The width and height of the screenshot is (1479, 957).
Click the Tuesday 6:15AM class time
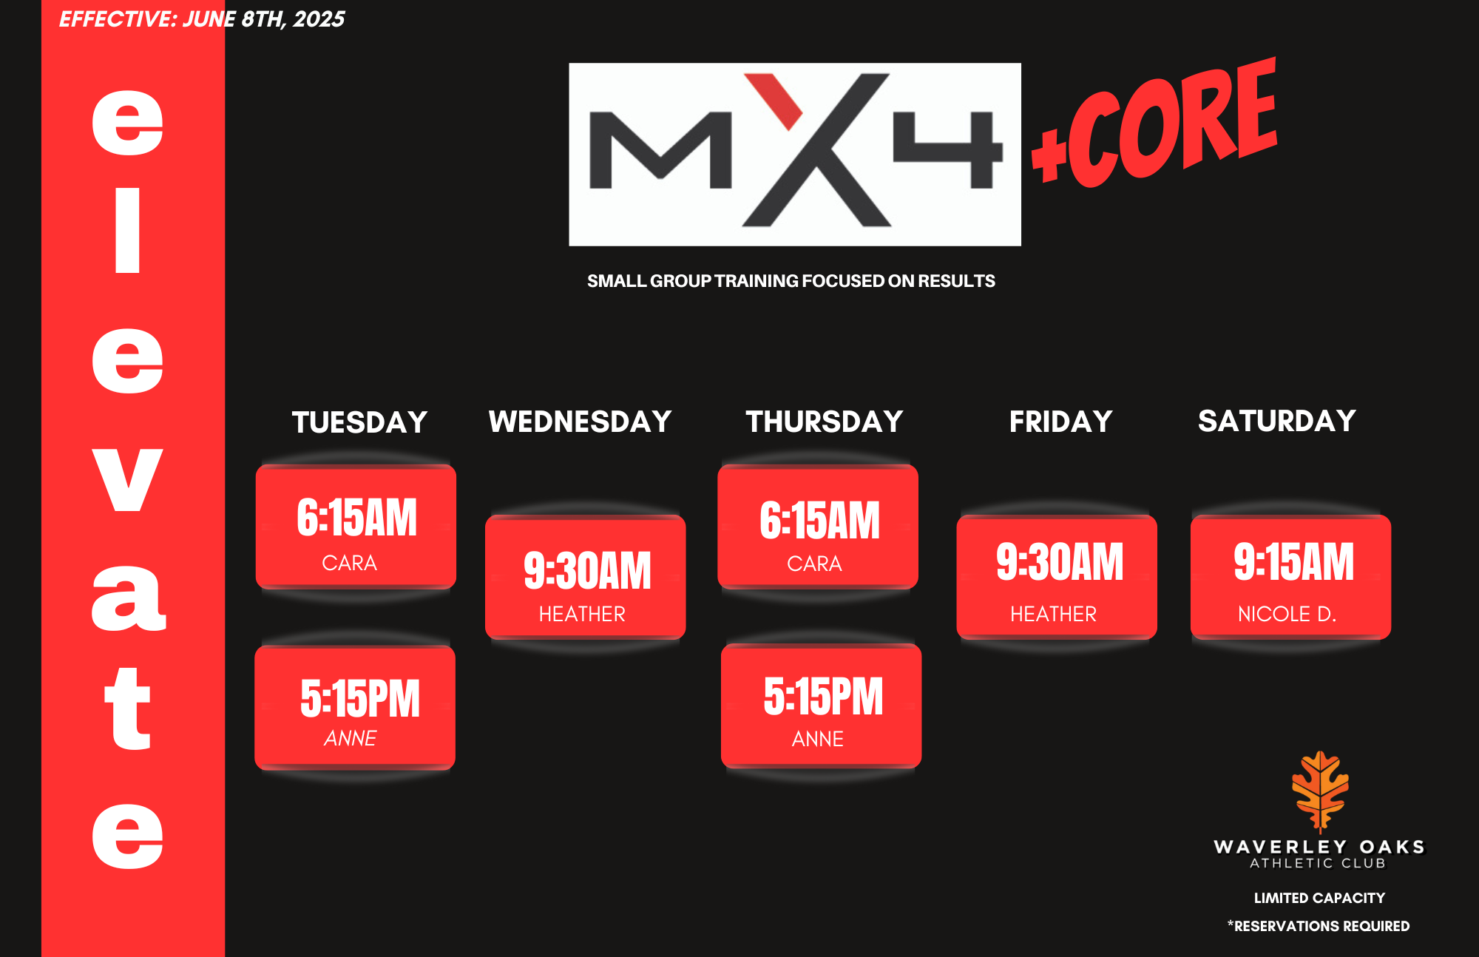click(x=356, y=517)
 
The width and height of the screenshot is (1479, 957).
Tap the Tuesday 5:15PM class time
click(x=360, y=698)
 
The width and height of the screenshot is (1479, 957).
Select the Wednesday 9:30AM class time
click(x=587, y=570)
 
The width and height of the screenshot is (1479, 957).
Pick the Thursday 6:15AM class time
click(x=819, y=520)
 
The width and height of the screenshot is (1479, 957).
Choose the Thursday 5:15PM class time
click(x=823, y=696)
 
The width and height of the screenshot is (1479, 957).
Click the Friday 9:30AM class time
click(x=1059, y=561)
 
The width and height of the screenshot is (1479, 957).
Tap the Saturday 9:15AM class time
click(x=1293, y=561)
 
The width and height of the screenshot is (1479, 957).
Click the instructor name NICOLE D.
click(x=1287, y=614)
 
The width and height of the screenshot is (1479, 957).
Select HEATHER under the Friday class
click(x=1053, y=614)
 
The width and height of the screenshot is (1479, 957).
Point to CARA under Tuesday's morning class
click(x=349, y=564)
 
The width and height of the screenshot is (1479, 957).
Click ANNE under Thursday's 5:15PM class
click(x=817, y=739)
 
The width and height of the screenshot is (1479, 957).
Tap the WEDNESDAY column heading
click(x=580, y=422)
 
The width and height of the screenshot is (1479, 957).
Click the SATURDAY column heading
click(x=1277, y=421)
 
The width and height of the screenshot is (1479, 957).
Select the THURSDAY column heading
click(x=824, y=422)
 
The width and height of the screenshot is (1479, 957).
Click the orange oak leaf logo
click(x=1320, y=791)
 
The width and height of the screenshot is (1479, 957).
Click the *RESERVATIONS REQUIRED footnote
click(x=1319, y=926)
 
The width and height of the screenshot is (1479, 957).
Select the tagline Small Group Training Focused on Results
click(x=791, y=281)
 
